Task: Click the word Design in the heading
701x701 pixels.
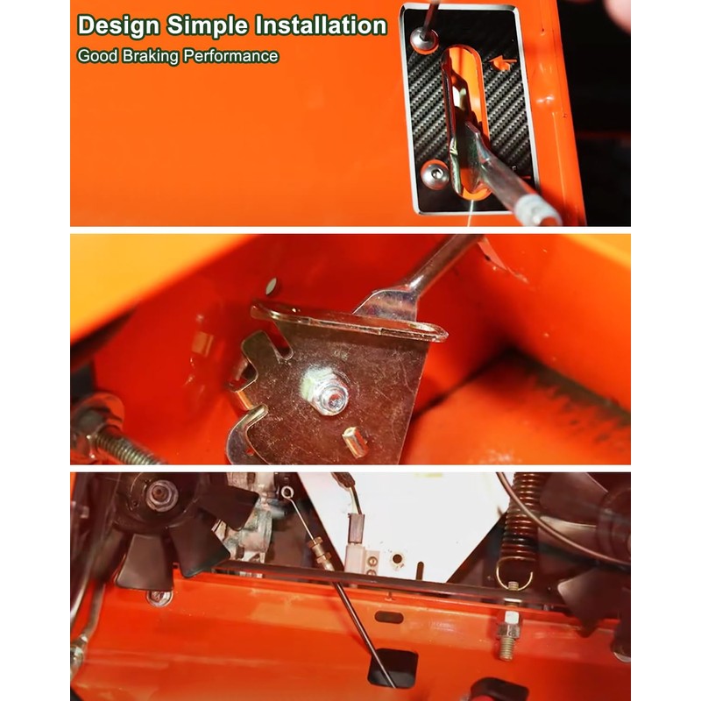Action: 118,26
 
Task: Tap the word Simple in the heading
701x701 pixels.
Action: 208,26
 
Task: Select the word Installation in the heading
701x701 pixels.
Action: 321,25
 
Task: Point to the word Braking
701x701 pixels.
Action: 150,56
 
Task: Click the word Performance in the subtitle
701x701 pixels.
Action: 231,56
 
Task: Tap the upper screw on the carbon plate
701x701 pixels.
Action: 424,39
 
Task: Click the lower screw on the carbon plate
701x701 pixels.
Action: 435,173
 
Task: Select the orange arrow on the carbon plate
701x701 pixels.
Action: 502,63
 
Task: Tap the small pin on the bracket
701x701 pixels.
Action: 356,442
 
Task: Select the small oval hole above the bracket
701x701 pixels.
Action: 271,287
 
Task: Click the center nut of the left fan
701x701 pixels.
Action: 162,495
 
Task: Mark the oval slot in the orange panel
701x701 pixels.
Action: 388,618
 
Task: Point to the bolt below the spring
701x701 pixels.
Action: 507,635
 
